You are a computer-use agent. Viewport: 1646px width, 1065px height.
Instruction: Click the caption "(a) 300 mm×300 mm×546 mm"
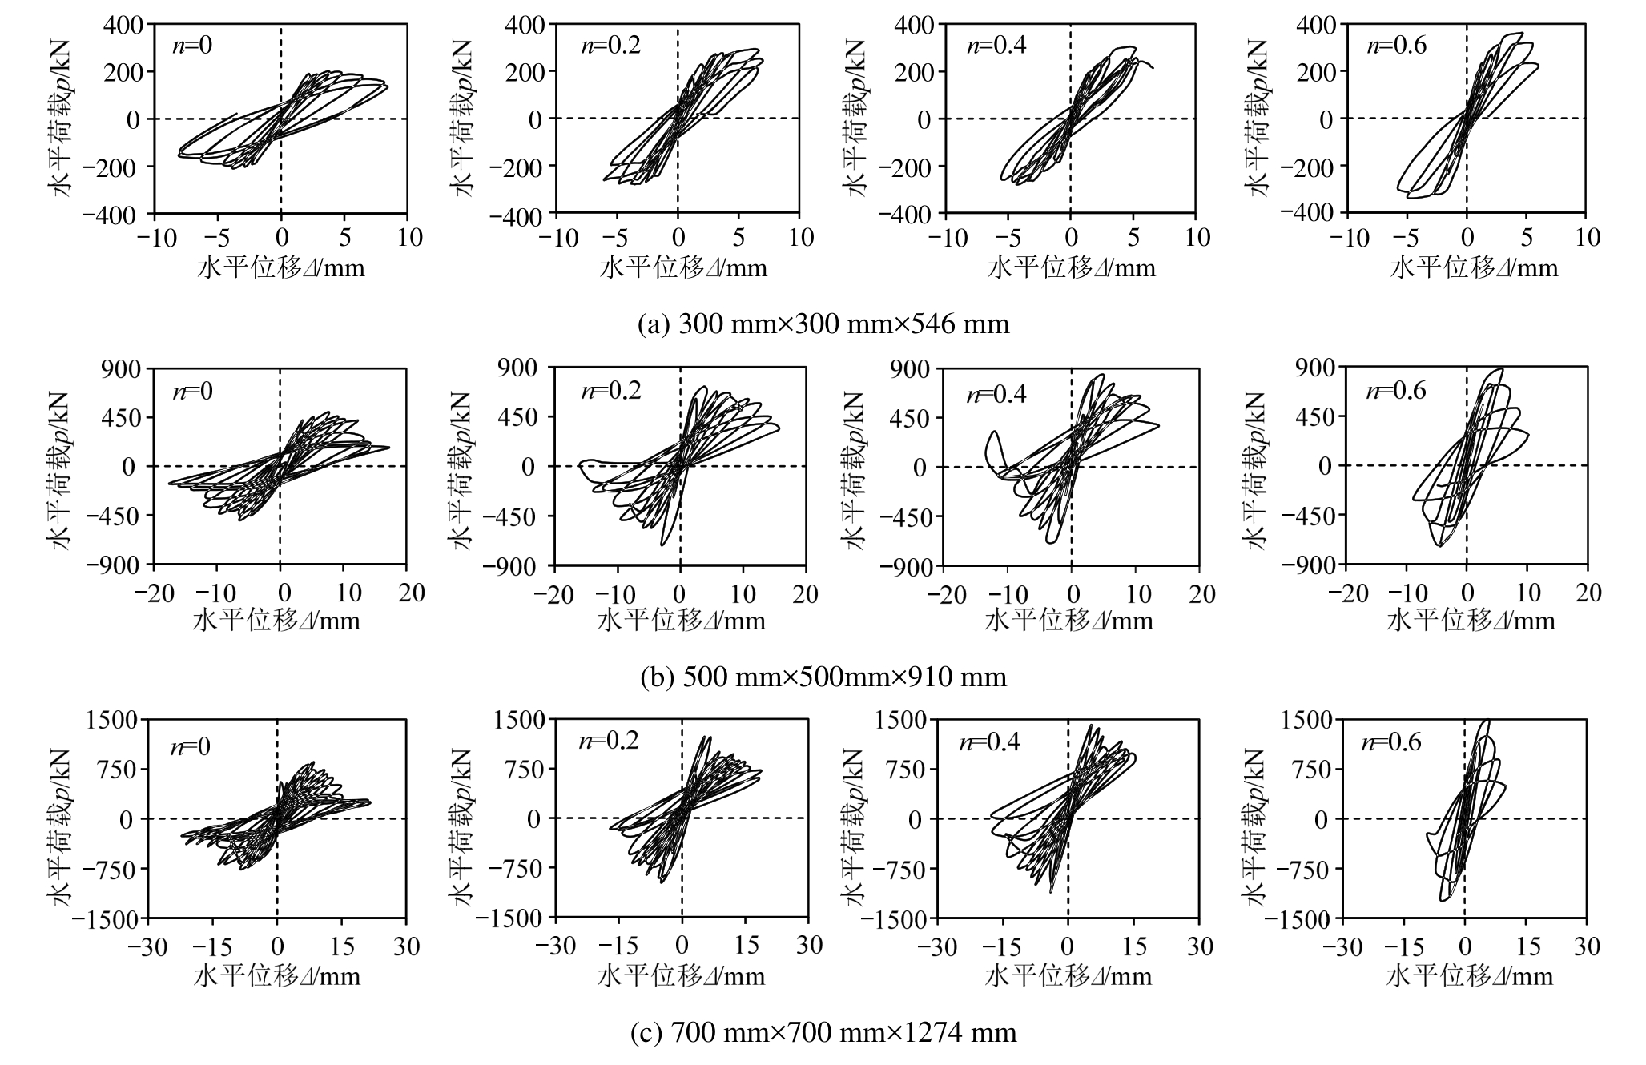[x=823, y=324]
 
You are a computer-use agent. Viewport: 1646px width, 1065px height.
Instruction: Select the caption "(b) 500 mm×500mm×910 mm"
[x=823, y=677]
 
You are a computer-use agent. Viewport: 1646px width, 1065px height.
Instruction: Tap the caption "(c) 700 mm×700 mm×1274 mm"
[x=823, y=1032]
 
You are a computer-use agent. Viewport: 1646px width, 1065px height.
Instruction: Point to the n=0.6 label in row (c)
[x=1391, y=742]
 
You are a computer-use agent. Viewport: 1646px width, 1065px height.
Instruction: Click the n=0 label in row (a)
[x=192, y=45]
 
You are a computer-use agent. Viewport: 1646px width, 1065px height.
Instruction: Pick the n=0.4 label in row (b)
[x=996, y=394]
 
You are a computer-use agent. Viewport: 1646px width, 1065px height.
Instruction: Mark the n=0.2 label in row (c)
[x=609, y=741]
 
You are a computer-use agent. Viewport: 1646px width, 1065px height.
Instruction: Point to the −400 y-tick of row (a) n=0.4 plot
[x=906, y=215]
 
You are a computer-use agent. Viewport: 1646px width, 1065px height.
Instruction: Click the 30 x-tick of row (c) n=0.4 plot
[x=1199, y=947]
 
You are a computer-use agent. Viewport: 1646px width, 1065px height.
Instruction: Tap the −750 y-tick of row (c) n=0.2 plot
[x=518, y=869]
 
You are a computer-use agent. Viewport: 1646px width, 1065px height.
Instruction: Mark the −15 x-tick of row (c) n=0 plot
[x=212, y=947]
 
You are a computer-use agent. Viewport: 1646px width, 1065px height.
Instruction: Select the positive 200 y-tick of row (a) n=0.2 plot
[x=525, y=71]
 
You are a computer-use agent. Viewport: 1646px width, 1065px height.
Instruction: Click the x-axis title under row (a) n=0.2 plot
[x=683, y=268]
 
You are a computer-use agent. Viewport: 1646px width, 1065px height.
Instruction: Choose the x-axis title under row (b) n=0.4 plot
[x=1068, y=621]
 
